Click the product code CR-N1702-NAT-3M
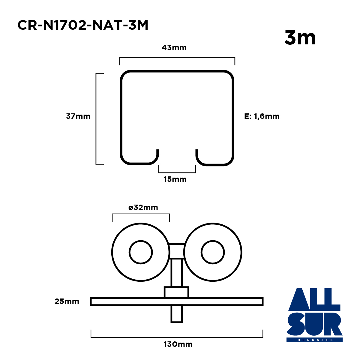point(83,25)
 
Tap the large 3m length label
point(300,37)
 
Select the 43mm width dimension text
point(174,48)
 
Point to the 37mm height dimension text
point(78,116)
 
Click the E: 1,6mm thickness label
point(262,116)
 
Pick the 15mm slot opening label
point(175,179)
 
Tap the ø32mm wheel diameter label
point(143,207)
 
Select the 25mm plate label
point(67,301)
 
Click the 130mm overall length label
point(178,344)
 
